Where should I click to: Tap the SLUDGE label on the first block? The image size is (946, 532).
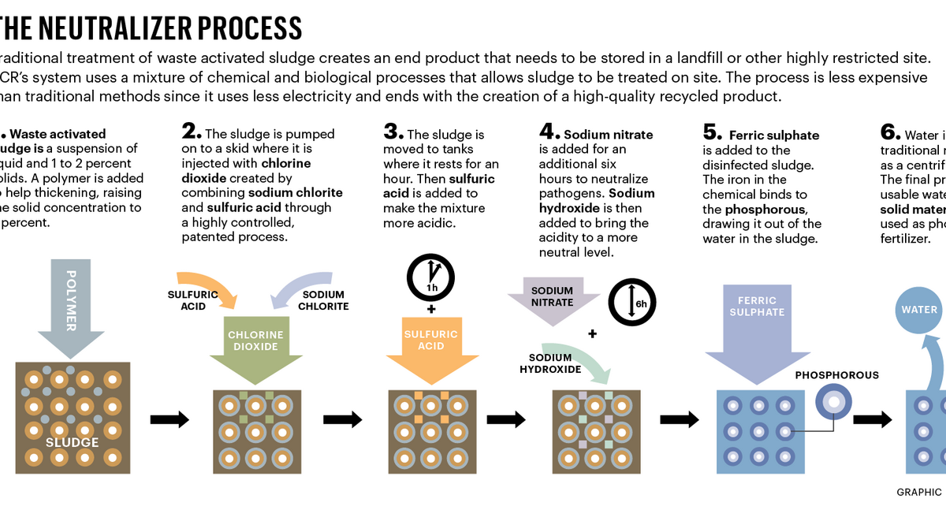click(x=72, y=442)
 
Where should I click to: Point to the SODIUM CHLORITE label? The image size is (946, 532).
click(x=324, y=300)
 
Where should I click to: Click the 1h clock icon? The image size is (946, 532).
click(x=430, y=277)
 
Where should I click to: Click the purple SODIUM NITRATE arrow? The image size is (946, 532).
click(x=552, y=298)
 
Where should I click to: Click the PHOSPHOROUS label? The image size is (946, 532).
click(x=836, y=375)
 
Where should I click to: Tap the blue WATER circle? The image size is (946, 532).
click(x=919, y=309)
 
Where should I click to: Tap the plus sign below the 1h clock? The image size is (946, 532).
click(x=430, y=309)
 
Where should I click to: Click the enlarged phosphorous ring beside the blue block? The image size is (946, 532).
click(x=832, y=401)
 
